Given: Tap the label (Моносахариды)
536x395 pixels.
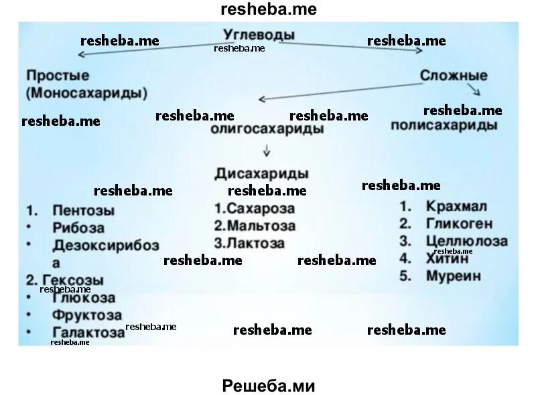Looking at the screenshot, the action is (x=88, y=92).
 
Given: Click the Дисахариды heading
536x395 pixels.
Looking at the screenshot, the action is (x=262, y=173).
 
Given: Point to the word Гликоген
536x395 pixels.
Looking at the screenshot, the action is (x=460, y=223).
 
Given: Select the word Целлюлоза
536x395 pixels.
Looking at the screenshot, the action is (x=466, y=240).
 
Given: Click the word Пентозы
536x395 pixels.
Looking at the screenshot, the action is (x=82, y=210).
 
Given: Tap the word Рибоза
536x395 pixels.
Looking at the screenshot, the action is (x=78, y=228).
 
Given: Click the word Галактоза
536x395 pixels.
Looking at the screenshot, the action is (x=88, y=332).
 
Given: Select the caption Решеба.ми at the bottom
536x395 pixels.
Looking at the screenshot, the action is (x=267, y=386).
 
